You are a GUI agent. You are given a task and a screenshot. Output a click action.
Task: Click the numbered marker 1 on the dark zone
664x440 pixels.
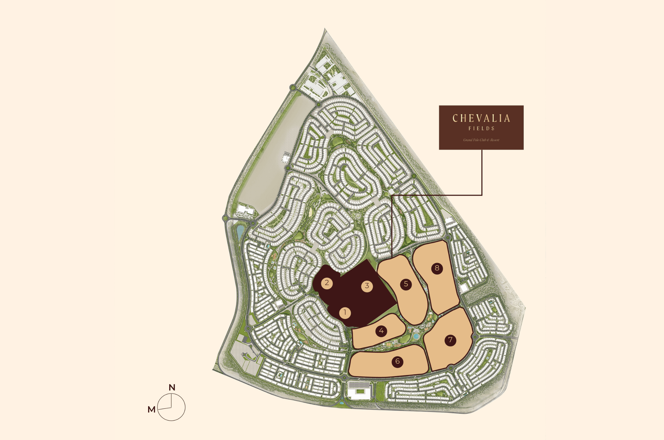pos(345,313)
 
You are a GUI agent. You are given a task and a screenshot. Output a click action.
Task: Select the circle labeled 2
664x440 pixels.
pos(327,283)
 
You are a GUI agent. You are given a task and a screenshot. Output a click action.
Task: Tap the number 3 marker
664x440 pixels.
pos(367,286)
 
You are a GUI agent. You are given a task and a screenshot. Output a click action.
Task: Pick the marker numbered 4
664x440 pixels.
pos(381,331)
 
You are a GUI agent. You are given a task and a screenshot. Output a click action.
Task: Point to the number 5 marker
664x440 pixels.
pos(406,284)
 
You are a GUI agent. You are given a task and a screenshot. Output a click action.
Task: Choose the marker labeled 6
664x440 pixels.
pos(397,361)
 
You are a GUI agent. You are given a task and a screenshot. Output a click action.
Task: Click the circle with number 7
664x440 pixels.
pos(450,340)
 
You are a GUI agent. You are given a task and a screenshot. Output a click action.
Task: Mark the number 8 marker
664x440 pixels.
pos(437,268)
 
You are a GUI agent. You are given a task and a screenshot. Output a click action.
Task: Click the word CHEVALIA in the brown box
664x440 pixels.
pos(481,119)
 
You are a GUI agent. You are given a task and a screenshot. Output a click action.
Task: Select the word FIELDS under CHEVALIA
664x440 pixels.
pos(481,129)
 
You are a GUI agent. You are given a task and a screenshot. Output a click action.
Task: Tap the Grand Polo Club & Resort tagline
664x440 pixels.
pos(481,140)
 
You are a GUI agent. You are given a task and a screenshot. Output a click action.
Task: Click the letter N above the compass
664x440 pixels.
pos(172,388)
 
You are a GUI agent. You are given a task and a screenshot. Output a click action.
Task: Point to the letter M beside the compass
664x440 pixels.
pos(151,409)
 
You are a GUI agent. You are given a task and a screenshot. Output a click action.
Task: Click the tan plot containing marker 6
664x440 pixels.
pos(373,365)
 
